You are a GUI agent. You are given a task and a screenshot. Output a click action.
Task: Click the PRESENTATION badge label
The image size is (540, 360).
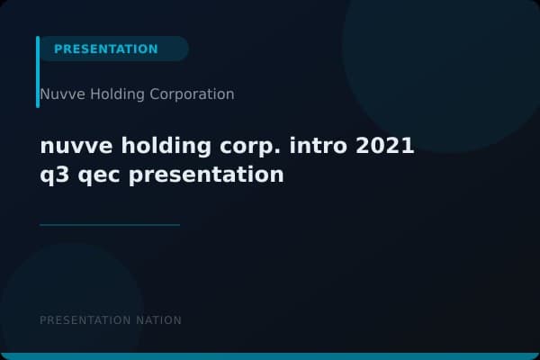coord(105,49)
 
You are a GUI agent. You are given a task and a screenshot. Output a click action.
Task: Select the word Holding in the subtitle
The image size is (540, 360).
coord(106,94)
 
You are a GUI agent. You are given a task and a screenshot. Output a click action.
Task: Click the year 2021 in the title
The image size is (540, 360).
coord(384,146)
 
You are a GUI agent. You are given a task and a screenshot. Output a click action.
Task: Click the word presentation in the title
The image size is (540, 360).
coord(206,175)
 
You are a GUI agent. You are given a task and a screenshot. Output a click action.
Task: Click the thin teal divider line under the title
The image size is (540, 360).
coord(110,225)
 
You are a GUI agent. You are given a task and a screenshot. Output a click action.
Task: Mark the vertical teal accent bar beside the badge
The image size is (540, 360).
coord(38,72)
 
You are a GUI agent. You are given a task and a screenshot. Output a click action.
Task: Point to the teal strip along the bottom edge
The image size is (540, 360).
coord(270,356)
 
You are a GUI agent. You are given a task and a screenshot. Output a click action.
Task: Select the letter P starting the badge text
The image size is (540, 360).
coord(58,49)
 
